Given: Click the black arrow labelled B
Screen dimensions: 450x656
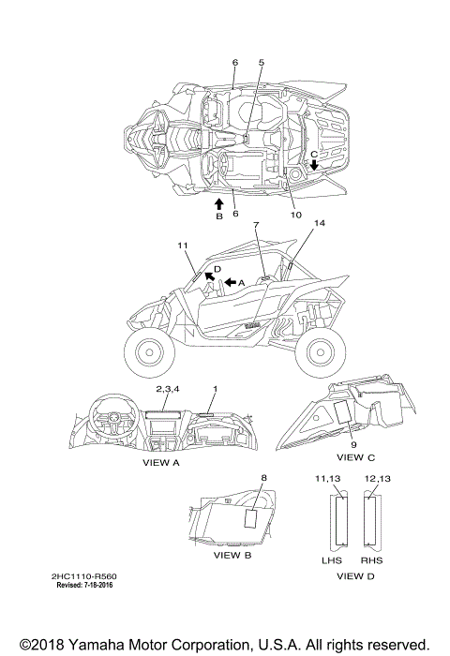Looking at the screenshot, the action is pyautogui.click(x=219, y=204).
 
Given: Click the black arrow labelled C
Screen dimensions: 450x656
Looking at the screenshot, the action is pyautogui.click(x=313, y=165).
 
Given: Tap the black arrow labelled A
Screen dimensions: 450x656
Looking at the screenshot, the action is pyautogui.click(x=230, y=282).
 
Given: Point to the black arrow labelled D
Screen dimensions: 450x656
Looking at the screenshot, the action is pyautogui.click(x=209, y=276).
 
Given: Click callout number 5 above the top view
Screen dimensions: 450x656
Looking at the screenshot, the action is pyautogui.click(x=262, y=63).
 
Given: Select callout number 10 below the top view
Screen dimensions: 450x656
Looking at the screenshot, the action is pyautogui.click(x=295, y=215).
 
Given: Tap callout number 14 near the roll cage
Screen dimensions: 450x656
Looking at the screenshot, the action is pyautogui.click(x=320, y=223).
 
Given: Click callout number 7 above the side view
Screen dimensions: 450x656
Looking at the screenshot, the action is pyautogui.click(x=256, y=225).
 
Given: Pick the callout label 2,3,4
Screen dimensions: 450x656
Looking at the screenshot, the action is pyautogui.click(x=168, y=389).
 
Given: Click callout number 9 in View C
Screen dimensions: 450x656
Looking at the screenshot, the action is pyautogui.click(x=353, y=445).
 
